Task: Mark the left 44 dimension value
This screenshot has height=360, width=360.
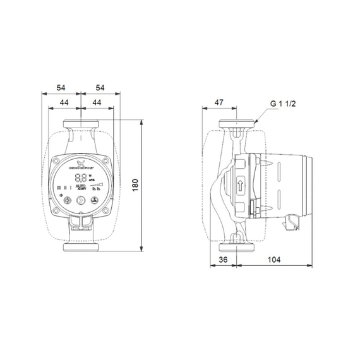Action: coord(65,101)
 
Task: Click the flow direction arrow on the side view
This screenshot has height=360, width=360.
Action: coord(241,184)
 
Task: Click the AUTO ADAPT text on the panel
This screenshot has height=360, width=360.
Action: coord(81,188)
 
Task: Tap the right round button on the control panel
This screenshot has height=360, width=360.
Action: coord(95,202)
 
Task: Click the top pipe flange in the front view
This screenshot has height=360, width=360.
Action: coord(81,124)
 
